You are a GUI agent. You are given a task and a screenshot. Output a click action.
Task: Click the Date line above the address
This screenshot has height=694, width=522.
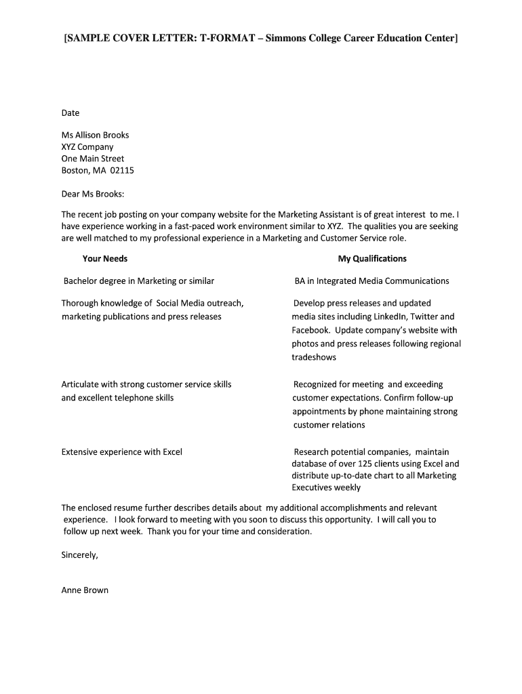coord(71,113)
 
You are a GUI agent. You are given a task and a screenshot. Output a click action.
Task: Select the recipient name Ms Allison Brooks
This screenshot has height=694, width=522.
coord(95,135)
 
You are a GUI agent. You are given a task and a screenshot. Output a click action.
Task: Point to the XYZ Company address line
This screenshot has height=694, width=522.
coord(87,147)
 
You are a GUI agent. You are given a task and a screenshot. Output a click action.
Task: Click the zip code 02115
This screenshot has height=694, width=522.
coord(122,171)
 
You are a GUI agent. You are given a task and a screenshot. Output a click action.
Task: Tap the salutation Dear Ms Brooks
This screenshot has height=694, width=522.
coord(93,195)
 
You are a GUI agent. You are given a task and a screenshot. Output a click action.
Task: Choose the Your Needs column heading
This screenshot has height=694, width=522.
coord(105,259)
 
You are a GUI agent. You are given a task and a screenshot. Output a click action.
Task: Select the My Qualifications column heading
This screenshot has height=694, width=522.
coord(372,259)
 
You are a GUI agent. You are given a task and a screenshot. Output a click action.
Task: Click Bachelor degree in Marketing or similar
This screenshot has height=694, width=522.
coord(138,281)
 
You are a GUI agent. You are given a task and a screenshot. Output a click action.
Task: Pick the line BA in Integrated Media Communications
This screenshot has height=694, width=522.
coord(372,281)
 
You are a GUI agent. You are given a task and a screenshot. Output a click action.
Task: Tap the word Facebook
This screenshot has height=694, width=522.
coord(311,330)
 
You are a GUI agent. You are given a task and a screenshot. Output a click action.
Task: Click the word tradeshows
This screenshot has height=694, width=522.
coord(314,357)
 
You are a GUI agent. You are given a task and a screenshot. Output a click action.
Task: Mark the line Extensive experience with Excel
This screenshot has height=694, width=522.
coord(122,452)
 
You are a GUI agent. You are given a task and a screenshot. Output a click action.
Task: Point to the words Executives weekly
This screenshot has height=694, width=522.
coord(326,487)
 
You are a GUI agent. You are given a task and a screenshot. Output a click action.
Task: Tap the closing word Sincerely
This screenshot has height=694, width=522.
coord(80,554)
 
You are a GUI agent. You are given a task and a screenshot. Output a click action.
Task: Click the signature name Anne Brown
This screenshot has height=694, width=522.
coord(85,590)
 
